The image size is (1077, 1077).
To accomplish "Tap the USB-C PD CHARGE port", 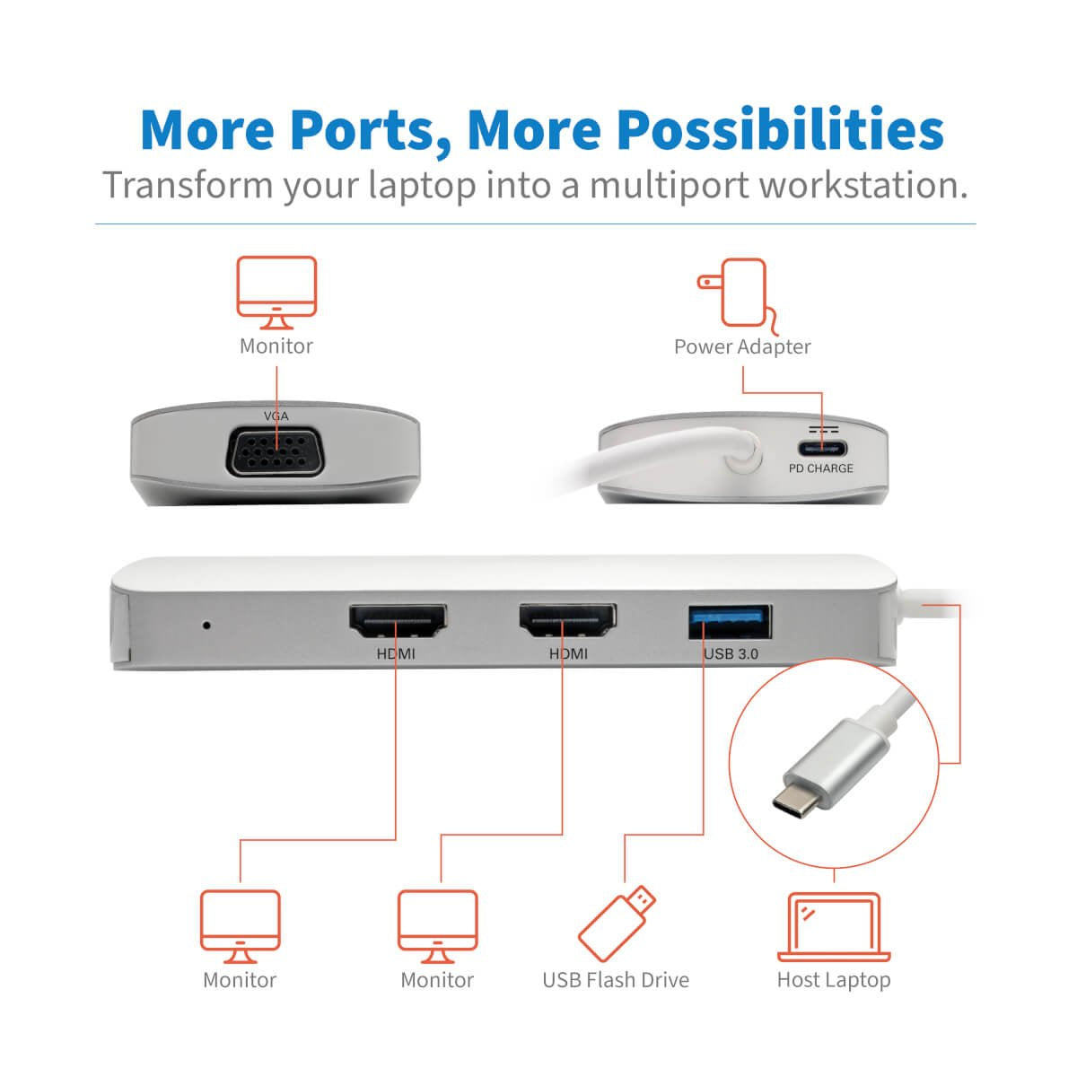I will coord(821,449).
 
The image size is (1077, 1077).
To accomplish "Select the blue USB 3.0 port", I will coord(731,622).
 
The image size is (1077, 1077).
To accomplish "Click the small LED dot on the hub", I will coord(207,624).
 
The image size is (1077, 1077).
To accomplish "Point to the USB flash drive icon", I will coord(617,924).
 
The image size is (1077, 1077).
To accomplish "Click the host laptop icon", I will coord(834,927).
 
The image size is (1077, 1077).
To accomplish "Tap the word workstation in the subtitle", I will coord(863,185).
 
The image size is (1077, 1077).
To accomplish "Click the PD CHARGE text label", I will coord(821,468).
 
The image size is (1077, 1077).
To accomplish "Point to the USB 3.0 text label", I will coord(731,653).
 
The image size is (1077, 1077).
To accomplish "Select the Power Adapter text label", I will coord(742,346).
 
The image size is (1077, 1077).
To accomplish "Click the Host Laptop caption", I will coord(834,980).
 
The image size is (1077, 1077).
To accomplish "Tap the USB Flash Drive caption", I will coord(616,980).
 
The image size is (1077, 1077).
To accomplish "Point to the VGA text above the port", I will coord(276,416).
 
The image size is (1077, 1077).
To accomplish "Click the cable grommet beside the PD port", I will coord(740,451).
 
